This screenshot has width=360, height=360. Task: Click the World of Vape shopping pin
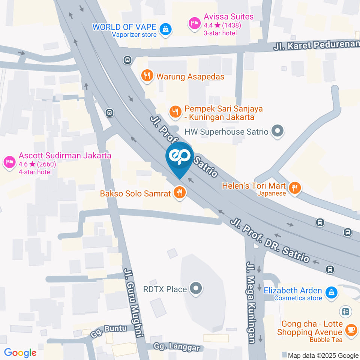165,29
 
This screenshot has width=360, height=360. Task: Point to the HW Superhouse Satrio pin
278,131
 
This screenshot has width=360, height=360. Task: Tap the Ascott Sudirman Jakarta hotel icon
9,162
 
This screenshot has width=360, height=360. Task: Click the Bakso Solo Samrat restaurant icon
180,193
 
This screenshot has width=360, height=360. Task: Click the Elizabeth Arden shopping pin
331,292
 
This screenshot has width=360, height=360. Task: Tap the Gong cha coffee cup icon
351,330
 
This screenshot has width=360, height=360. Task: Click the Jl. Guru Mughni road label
134,302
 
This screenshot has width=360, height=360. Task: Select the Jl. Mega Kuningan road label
251,302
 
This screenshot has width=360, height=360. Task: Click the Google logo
20,353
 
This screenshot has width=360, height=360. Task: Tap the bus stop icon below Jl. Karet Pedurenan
127,60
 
